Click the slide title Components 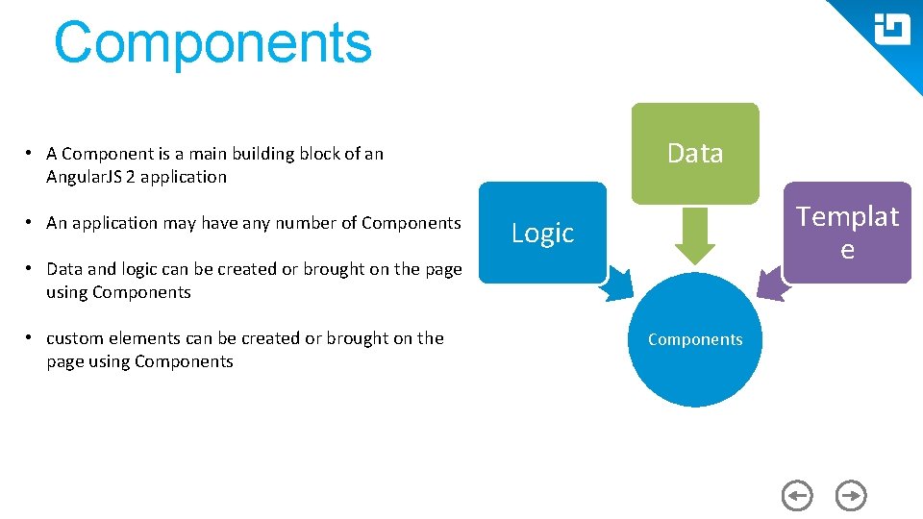tap(212, 43)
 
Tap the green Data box tap(694, 153)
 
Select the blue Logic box tap(542, 233)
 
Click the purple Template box tap(847, 233)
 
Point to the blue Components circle tap(695, 339)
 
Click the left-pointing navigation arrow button tap(797, 496)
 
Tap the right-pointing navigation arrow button tap(851, 496)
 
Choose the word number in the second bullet tap(306, 223)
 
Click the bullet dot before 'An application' tap(32, 222)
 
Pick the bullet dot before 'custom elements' tap(32, 337)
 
